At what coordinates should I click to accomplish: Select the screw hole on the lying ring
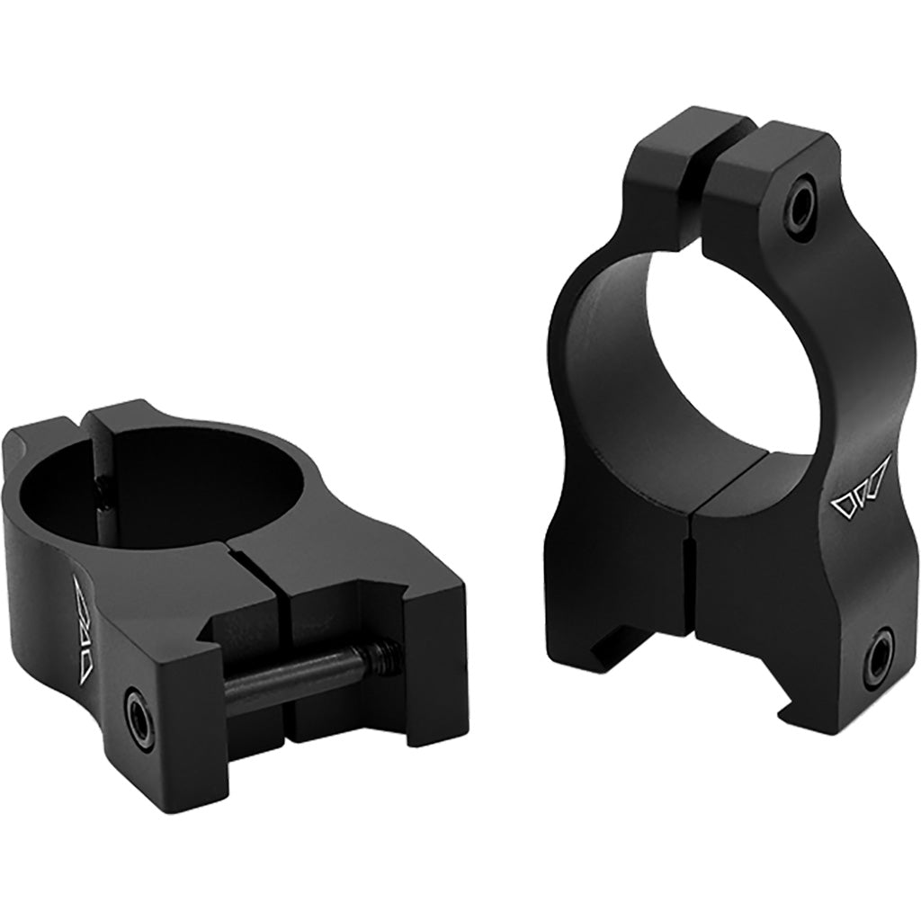click(x=139, y=699)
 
